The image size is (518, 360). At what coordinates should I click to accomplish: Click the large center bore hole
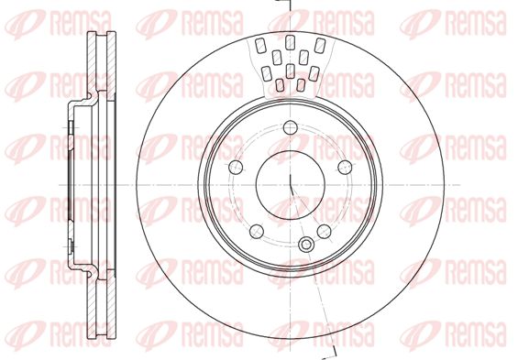tap(291, 185)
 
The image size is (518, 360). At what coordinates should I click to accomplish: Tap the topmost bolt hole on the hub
tap(291, 127)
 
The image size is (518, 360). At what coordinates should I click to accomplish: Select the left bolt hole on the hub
tap(236, 167)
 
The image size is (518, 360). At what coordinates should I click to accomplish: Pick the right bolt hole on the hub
tap(345, 167)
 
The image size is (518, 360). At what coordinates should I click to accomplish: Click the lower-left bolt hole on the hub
tap(257, 232)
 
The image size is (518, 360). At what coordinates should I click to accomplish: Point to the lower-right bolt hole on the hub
tap(324, 232)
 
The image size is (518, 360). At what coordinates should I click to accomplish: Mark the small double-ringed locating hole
tap(306, 245)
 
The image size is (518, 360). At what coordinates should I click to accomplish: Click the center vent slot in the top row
tap(290, 42)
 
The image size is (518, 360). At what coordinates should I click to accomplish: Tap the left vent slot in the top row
tap(260, 46)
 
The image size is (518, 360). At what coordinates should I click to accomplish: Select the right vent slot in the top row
tap(320, 46)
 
